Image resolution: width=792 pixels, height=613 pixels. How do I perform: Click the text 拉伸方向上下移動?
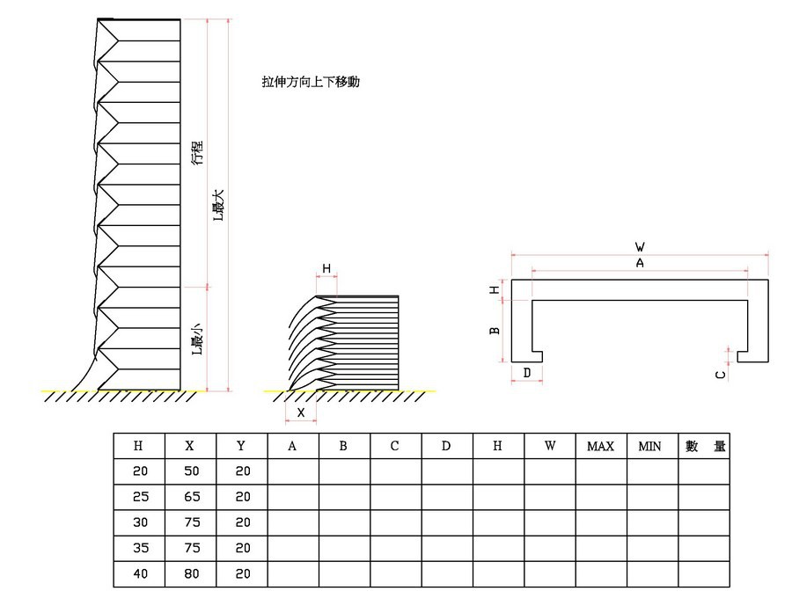pyautogui.click(x=311, y=82)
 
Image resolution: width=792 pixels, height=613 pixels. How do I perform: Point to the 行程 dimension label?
pyautogui.click(x=198, y=152)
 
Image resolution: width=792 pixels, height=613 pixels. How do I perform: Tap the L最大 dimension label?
pyautogui.click(x=218, y=205)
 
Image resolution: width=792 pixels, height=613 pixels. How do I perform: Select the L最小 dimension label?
pyautogui.click(x=198, y=338)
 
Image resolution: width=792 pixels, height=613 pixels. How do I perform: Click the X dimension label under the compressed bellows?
pyautogui.click(x=301, y=412)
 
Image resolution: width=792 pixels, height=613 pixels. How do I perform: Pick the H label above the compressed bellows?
pyautogui.click(x=326, y=268)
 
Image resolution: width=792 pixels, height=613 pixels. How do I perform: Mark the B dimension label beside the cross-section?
pyautogui.click(x=495, y=330)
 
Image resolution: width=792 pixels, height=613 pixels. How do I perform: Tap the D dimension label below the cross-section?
pyautogui.click(x=526, y=374)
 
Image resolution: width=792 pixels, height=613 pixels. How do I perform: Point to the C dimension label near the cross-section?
pyautogui.click(x=721, y=375)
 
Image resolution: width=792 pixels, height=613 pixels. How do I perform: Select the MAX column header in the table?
pyautogui.click(x=600, y=446)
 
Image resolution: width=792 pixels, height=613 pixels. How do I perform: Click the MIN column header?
pyautogui.click(x=650, y=446)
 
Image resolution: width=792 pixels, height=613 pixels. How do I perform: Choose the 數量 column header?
pyautogui.click(x=704, y=446)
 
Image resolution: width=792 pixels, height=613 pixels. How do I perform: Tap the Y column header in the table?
pyautogui.click(x=241, y=446)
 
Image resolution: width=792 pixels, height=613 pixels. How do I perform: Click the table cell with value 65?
pyautogui.click(x=190, y=497)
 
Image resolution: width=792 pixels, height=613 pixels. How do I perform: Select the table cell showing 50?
pyautogui.click(x=190, y=471)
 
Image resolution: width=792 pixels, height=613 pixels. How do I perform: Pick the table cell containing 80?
pyautogui.click(x=190, y=573)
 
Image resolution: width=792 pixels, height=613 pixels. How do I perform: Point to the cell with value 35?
pyautogui.click(x=139, y=548)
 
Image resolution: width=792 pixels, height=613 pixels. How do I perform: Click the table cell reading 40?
pyautogui.click(x=139, y=573)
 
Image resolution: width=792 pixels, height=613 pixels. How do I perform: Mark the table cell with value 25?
pyautogui.click(x=139, y=497)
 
